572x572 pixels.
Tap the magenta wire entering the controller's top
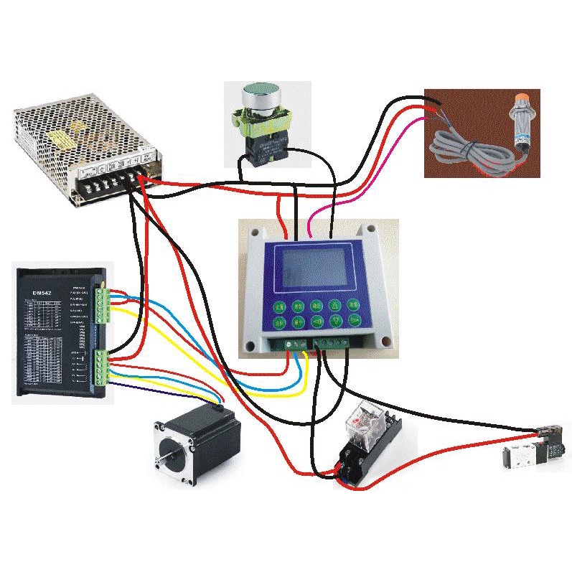point(309,227)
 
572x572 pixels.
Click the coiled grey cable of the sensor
point(466,151)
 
